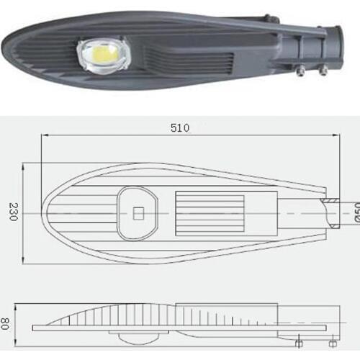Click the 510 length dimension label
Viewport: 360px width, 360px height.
180,128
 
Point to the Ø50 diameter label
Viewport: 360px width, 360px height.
354,212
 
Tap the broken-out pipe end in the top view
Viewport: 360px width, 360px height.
331,212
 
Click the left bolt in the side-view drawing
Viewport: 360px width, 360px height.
299,339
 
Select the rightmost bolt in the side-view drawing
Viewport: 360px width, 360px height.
330,339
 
